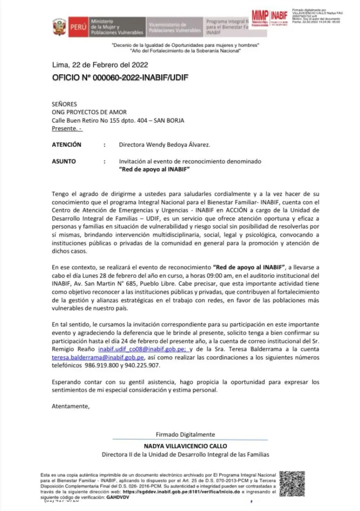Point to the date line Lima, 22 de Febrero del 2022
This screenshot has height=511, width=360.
pos(100,65)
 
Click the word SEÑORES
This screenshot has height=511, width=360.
pos(64,104)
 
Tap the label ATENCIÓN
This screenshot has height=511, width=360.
pos(67,145)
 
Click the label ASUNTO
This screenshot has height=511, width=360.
pos(64,162)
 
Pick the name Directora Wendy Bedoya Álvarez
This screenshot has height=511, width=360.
pos(165,145)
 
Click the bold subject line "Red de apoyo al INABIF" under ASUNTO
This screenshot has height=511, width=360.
pos(156,170)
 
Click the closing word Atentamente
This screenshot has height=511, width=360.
pos(71,406)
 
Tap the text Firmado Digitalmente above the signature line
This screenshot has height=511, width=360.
pos(185,434)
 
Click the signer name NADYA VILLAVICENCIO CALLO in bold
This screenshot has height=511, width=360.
pos(185,446)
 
